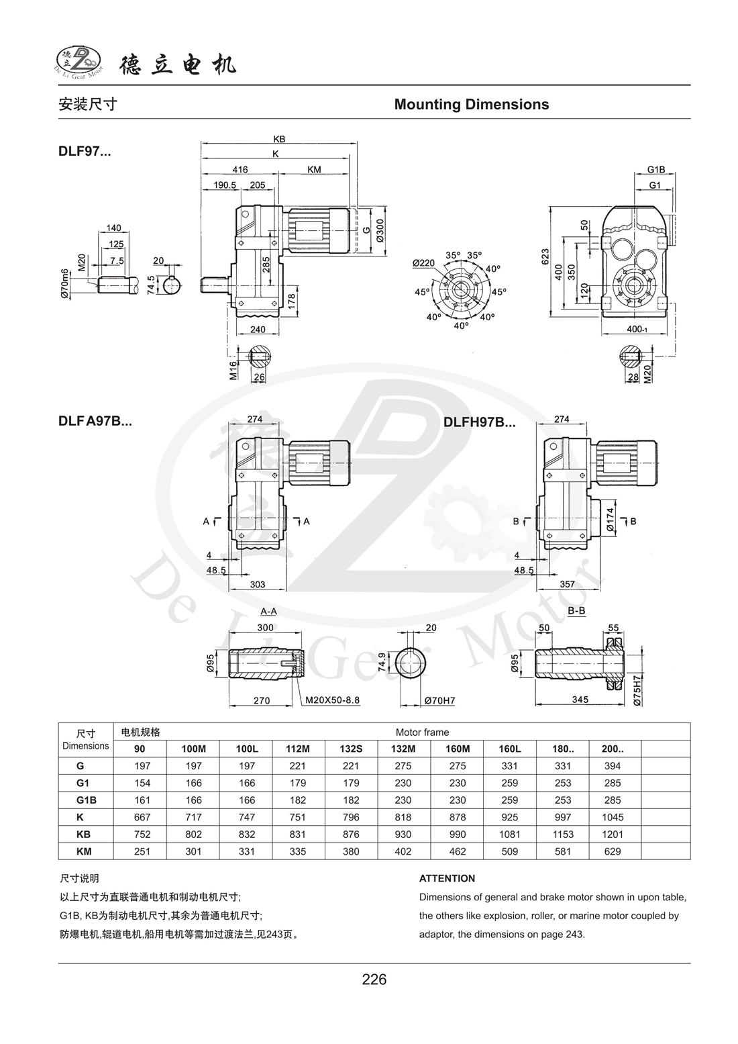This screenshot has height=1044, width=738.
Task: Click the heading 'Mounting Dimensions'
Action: point(471,105)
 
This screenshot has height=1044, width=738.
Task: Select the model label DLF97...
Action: point(85,152)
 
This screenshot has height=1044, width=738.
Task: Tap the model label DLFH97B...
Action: point(479,423)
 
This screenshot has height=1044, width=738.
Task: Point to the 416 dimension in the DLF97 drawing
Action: point(240,170)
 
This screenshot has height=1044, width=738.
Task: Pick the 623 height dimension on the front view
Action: point(545,256)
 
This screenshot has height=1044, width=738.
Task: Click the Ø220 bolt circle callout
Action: point(423,263)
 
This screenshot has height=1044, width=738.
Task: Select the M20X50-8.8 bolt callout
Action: point(333,700)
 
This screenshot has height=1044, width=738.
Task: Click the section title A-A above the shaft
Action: point(268,612)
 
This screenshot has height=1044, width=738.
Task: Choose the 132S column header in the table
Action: point(351,749)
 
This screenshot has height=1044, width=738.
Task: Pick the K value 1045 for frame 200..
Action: point(613,817)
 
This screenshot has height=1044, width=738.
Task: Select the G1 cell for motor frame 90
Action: point(142,783)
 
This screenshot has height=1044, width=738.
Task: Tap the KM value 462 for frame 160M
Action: point(458,852)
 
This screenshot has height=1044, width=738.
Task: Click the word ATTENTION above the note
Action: point(447,878)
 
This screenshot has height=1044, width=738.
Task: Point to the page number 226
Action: point(374,980)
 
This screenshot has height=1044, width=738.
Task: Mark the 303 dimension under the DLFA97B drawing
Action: point(257,585)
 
